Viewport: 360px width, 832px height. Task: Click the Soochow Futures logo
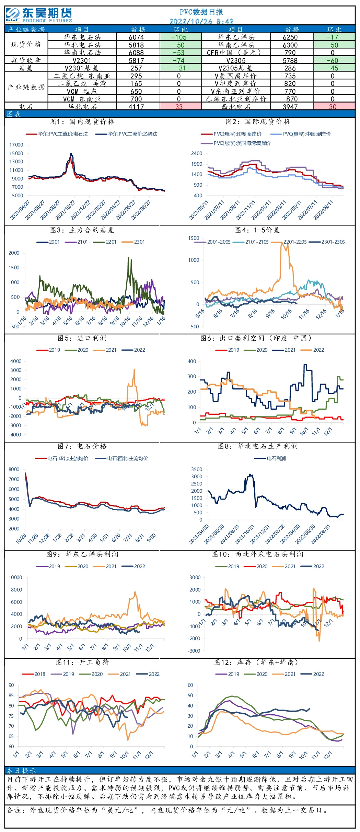[39, 15]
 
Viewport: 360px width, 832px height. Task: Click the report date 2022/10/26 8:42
[201, 21]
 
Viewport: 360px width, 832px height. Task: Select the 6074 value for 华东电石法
[136, 37]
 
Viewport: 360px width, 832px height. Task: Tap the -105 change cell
[179, 37]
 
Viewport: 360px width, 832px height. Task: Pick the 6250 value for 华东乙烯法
[290, 37]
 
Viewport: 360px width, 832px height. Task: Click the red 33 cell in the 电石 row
[179, 107]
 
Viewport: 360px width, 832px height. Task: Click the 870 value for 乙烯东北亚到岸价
[292, 99]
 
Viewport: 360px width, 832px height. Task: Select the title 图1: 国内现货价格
[82, 121]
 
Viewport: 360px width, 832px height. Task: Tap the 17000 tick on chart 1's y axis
[16, 145]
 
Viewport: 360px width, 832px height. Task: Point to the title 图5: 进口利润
[82, 338]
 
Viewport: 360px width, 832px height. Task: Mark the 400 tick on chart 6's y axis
[192, 361]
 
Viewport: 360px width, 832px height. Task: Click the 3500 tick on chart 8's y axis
[197, 469]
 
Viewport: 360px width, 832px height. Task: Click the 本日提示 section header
[21, 771]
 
